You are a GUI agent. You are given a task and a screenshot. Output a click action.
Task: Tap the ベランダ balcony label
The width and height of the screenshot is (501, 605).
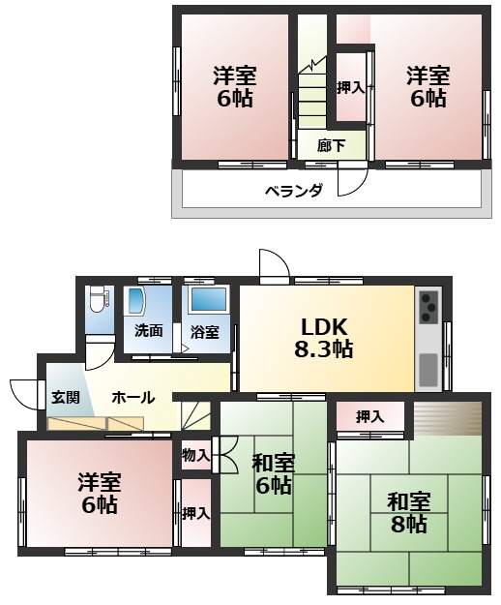click(x=294, y=190)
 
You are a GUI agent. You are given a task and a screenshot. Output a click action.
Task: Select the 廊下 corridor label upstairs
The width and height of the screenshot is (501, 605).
click(x=330, y=146)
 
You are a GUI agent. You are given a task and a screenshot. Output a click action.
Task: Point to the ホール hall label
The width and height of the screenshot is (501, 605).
click(x=131, y=397)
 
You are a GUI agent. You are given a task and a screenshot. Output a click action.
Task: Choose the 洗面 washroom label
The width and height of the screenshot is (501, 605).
click(x=148, y=330)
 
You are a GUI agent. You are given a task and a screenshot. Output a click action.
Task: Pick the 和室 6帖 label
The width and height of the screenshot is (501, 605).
click(x=273, y=473)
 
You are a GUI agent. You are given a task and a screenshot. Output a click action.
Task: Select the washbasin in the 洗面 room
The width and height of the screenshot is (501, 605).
click(x=134, y=300)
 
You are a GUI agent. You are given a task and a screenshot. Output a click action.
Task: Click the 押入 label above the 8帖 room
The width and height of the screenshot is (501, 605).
click(x=368, y=417)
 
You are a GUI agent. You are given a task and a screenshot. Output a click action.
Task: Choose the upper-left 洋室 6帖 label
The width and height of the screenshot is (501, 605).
click(x=234, y=84)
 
